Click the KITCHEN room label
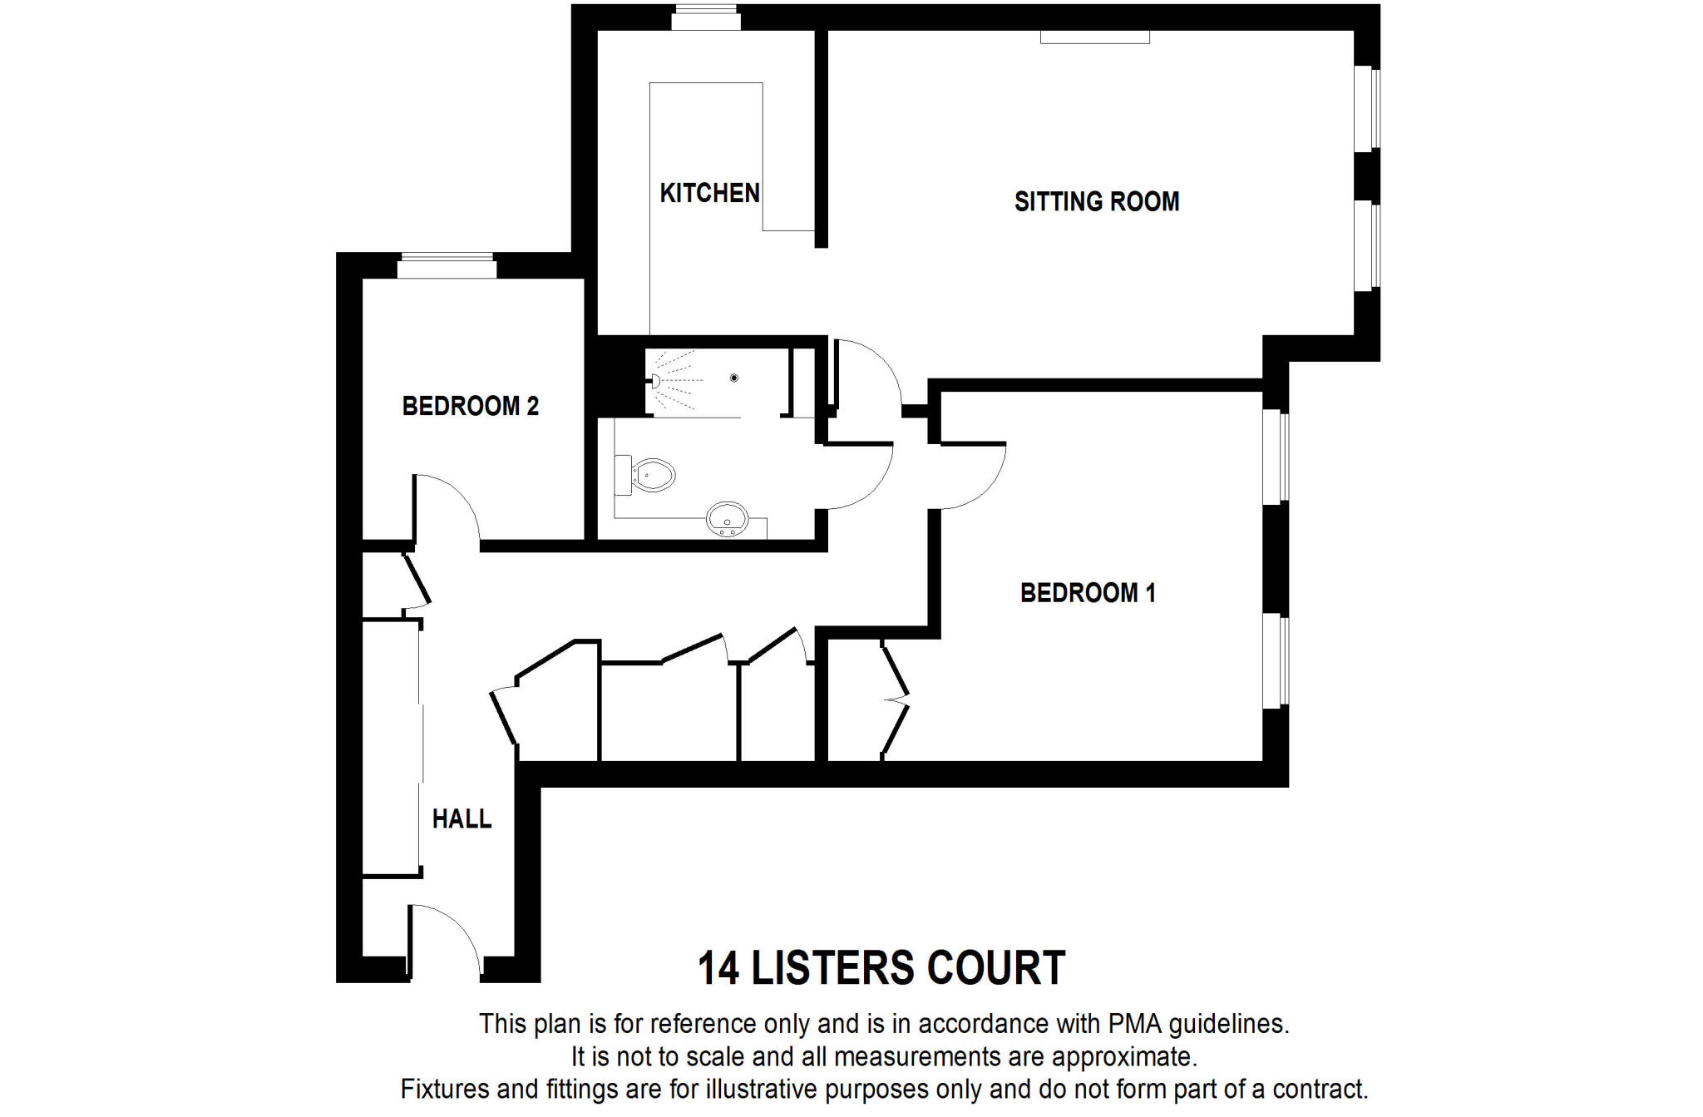tap(709, 193)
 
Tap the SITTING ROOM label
tap(1096, 201)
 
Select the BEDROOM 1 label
tap(1087, 593)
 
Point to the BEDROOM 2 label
tap(470, 406)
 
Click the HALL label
tap(462, 819)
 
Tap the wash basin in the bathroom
tap(727, 519)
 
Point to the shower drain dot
tap(733, 378)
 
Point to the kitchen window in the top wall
tap(706, 17)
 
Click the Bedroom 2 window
tap(447, 266)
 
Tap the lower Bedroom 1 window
tap(1275, 661)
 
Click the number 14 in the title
tap(718, 968)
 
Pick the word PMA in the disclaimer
tap(1135, 1024)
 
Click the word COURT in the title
tap(995, 968)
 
